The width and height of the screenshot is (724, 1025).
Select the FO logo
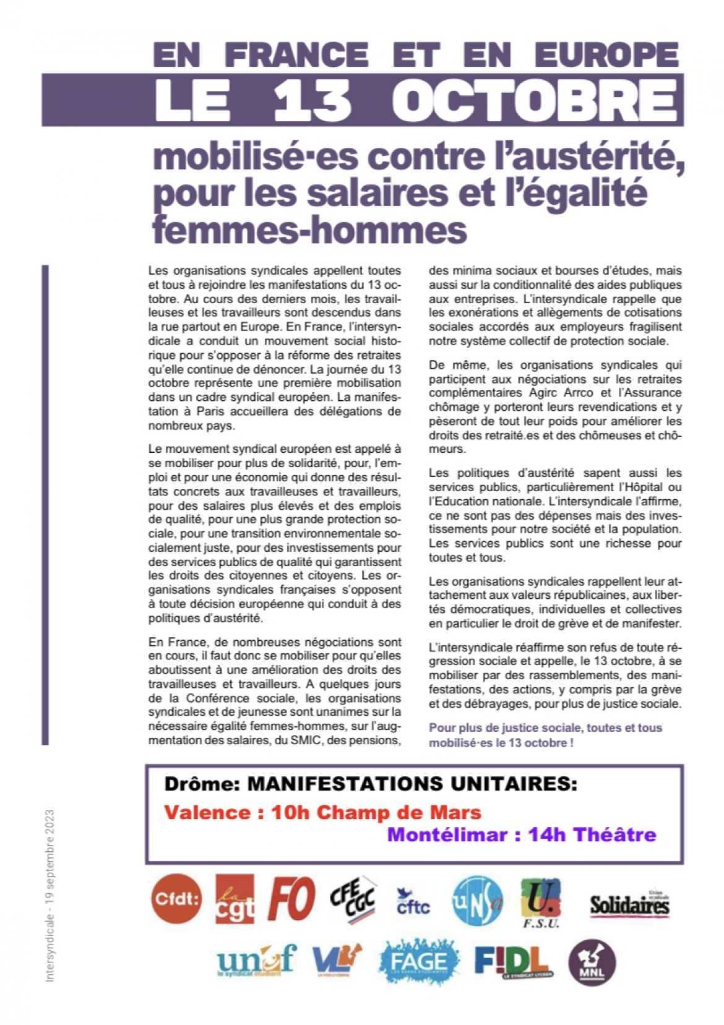click(x=291, y=898)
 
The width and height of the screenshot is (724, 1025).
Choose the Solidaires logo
click(x=629, y=904)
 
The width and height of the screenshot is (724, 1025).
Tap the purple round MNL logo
click(x=592, y=963)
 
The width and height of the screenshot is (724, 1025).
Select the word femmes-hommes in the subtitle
click(x=308, y=229)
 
